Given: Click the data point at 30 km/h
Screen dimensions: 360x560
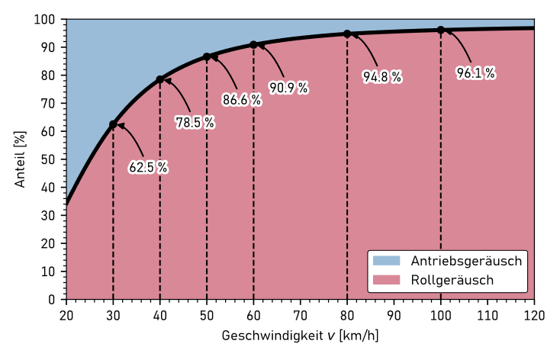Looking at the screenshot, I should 113,124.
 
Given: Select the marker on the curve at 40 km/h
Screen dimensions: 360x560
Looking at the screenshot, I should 160,79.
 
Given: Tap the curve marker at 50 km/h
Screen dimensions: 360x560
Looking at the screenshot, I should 207,56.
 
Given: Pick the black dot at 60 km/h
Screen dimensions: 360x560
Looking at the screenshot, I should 253,45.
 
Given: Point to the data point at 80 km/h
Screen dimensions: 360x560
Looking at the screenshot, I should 347,34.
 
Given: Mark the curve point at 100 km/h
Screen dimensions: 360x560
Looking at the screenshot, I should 441,31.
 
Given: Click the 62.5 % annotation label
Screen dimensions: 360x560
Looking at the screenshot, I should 148,168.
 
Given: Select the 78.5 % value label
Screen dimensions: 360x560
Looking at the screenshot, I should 195,123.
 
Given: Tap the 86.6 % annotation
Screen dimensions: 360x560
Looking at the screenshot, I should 242,100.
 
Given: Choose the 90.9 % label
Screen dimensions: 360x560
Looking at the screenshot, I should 289,88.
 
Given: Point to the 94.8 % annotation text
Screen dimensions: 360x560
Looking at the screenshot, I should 382,77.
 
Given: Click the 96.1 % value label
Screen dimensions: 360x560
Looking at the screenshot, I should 476,73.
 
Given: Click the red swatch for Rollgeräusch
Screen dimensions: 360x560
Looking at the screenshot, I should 386,281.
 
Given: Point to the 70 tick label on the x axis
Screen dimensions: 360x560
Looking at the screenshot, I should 301,313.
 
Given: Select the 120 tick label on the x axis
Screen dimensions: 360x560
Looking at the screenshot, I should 534,313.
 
